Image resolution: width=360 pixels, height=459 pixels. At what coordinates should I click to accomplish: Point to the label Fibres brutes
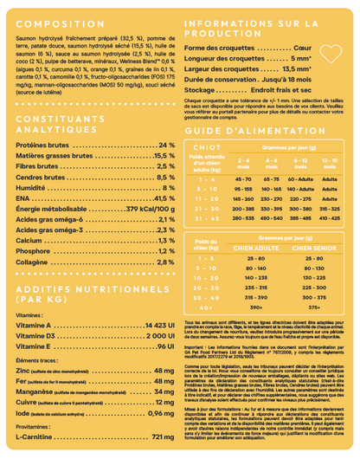[38, 165]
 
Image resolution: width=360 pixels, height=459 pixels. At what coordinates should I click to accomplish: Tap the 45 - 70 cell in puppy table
[244, 178]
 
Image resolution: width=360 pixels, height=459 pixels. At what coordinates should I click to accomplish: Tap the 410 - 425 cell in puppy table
[330, 217]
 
